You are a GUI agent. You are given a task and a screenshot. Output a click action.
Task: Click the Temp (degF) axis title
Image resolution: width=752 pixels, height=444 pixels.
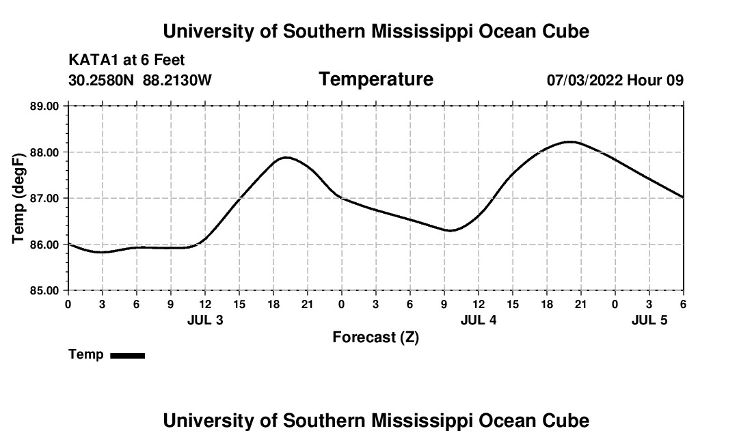tap(19, 198)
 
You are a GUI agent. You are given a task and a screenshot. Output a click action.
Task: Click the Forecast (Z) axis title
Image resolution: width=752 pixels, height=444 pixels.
tap(375, 337)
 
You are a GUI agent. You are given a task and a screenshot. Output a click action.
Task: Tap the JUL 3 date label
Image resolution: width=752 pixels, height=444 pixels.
tap(204, 320)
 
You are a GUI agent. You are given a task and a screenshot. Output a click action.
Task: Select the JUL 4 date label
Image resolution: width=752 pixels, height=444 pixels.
tap(478, 320)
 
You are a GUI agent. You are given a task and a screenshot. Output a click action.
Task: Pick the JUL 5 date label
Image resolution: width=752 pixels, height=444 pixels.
tap(649, 320)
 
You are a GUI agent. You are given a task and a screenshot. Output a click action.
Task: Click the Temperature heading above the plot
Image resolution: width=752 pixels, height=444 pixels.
tap(376, 79)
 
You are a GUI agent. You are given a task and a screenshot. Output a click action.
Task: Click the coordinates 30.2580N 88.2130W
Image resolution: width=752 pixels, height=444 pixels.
tap(140, 81)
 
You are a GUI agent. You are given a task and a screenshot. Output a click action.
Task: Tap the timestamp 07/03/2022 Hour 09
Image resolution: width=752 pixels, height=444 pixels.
tap(615, 81)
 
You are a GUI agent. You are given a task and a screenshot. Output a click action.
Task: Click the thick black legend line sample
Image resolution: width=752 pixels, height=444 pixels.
tap(127, 355)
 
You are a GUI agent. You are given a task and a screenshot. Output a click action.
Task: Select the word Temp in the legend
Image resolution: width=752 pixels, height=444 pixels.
tap(86, 355)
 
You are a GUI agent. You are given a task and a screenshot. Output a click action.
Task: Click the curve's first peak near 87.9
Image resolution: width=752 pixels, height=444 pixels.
tap(285, 157)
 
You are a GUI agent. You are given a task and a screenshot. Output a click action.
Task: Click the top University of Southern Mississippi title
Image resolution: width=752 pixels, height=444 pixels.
tap(376, 31)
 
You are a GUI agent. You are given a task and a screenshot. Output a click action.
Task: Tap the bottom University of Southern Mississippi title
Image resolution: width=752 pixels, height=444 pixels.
tap(376, 420)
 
